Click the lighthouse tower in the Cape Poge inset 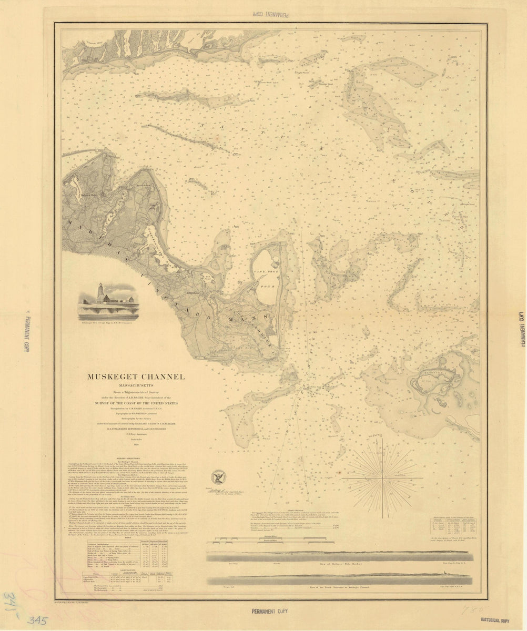99,292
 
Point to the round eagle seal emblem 216,477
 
